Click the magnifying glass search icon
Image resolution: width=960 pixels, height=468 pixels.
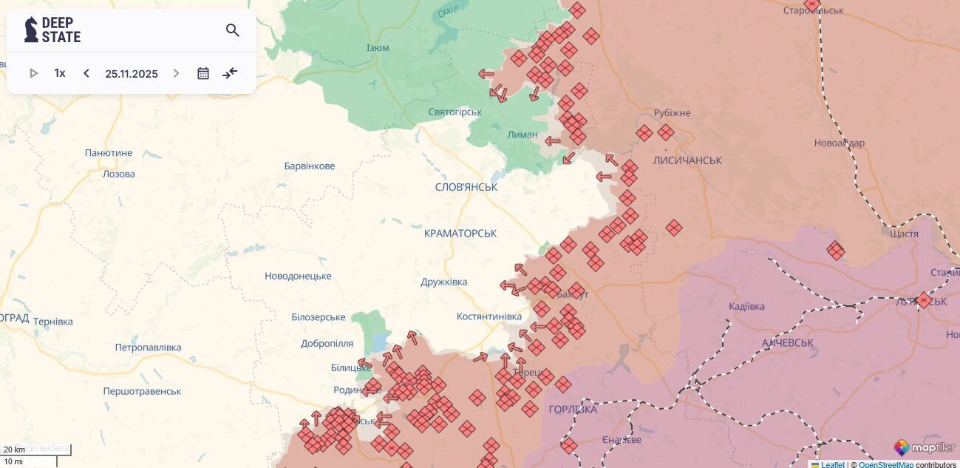(x=233, y=30)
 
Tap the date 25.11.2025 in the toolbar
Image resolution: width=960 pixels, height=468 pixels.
(x=132, y=74)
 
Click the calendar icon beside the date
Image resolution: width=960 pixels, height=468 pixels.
(x=203, y=73)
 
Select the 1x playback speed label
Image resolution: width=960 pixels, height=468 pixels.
(x=60, y=73)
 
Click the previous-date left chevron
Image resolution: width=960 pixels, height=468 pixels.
(x=86, y=73)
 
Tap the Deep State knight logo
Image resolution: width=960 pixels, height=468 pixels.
(x=31, y=30)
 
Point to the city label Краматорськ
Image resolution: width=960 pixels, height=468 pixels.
(x=460, y=233)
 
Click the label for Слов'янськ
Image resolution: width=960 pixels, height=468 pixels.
(x=466, y=187)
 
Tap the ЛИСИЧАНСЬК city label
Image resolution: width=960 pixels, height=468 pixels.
(x=687, y=160)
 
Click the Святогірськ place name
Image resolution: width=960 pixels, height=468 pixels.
(x=455, y=112)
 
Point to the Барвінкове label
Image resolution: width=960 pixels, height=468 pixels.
(x=310, y=166)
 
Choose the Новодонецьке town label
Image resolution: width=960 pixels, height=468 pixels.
(x=298, y=276)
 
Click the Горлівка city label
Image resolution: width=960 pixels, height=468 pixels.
(x=573, y=409)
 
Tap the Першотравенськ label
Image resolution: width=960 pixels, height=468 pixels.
(x=143, y=391)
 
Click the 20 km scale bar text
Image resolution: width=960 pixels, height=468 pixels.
(x=14, y=450)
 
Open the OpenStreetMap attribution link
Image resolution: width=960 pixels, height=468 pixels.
(x=885, y=464)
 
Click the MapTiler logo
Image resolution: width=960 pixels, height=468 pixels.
(x=924, y=447)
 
